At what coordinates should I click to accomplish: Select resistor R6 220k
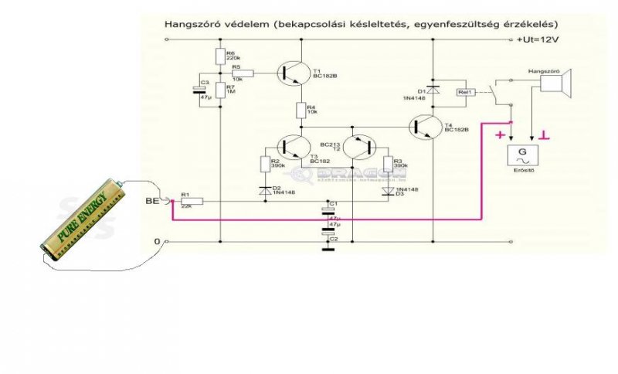point(220,56)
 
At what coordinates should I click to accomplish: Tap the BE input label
point(152,202)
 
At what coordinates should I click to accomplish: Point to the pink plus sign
point(499,136)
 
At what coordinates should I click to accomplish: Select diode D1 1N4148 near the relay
point(433,90)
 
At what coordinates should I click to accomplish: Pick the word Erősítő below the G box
point(525,169)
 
